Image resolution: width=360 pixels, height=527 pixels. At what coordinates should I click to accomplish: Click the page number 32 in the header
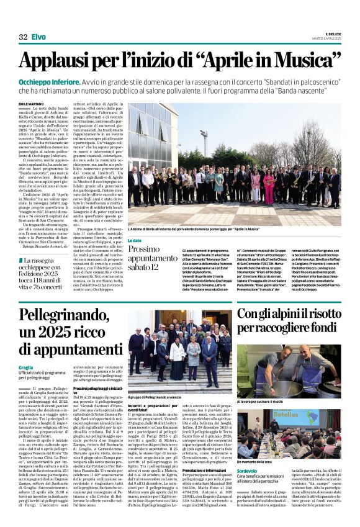click(x=23, y=37)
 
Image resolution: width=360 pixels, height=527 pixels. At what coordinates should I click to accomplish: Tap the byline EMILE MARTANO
click(x=30, y=103)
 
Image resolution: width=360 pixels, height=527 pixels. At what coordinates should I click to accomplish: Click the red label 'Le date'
click(x=135, y=240)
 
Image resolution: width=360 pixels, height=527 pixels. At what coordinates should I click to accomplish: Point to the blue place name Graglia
click(x=26, y=367)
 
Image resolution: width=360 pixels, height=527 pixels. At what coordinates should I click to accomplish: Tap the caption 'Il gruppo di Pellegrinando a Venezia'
click(x=156, y=395)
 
